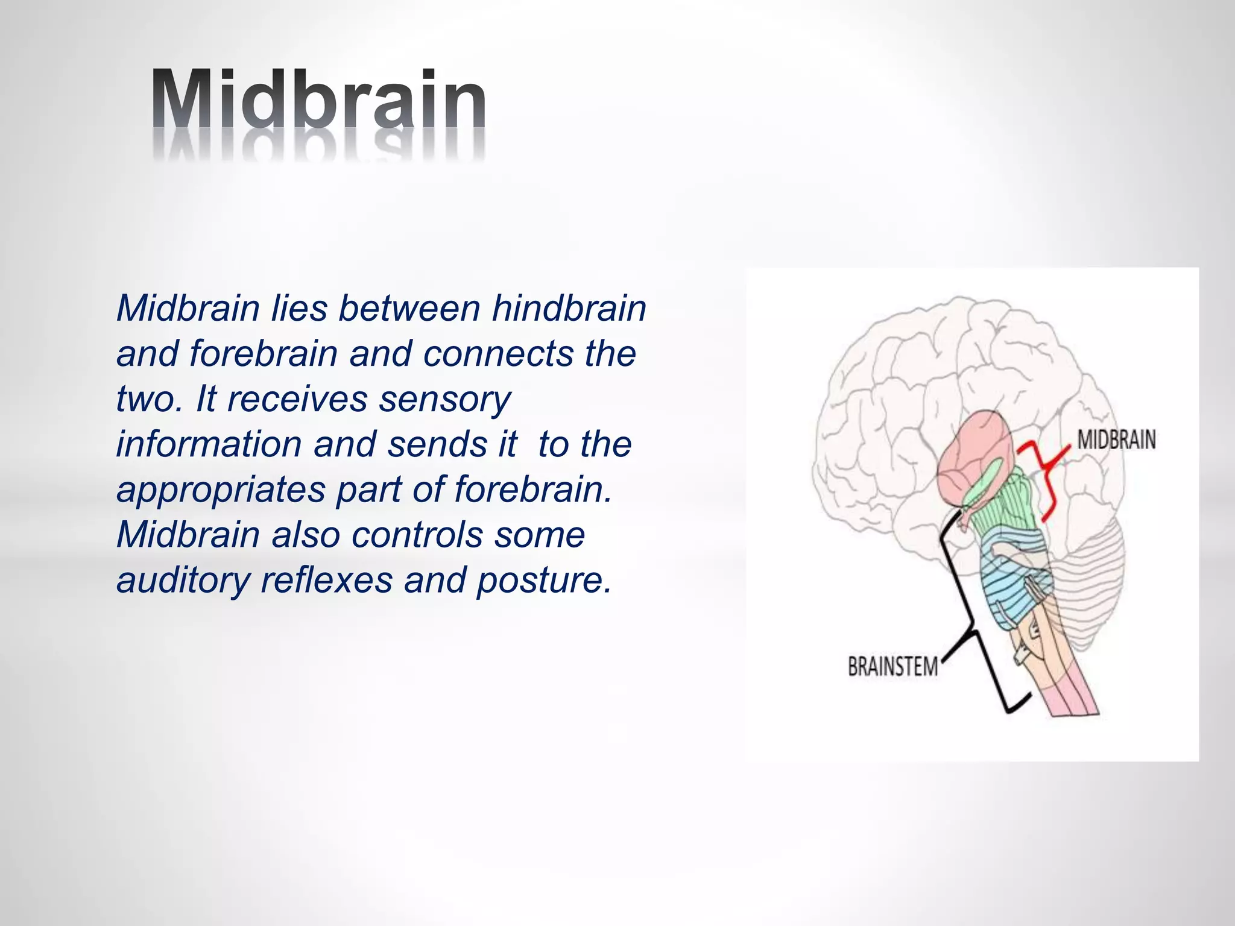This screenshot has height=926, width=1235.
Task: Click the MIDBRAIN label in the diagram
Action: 1116,440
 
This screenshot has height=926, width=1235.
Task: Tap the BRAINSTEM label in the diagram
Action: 892,667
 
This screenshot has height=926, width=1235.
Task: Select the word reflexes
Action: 327,580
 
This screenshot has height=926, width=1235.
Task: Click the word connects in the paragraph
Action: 499,354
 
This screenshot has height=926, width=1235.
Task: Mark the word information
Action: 208,444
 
